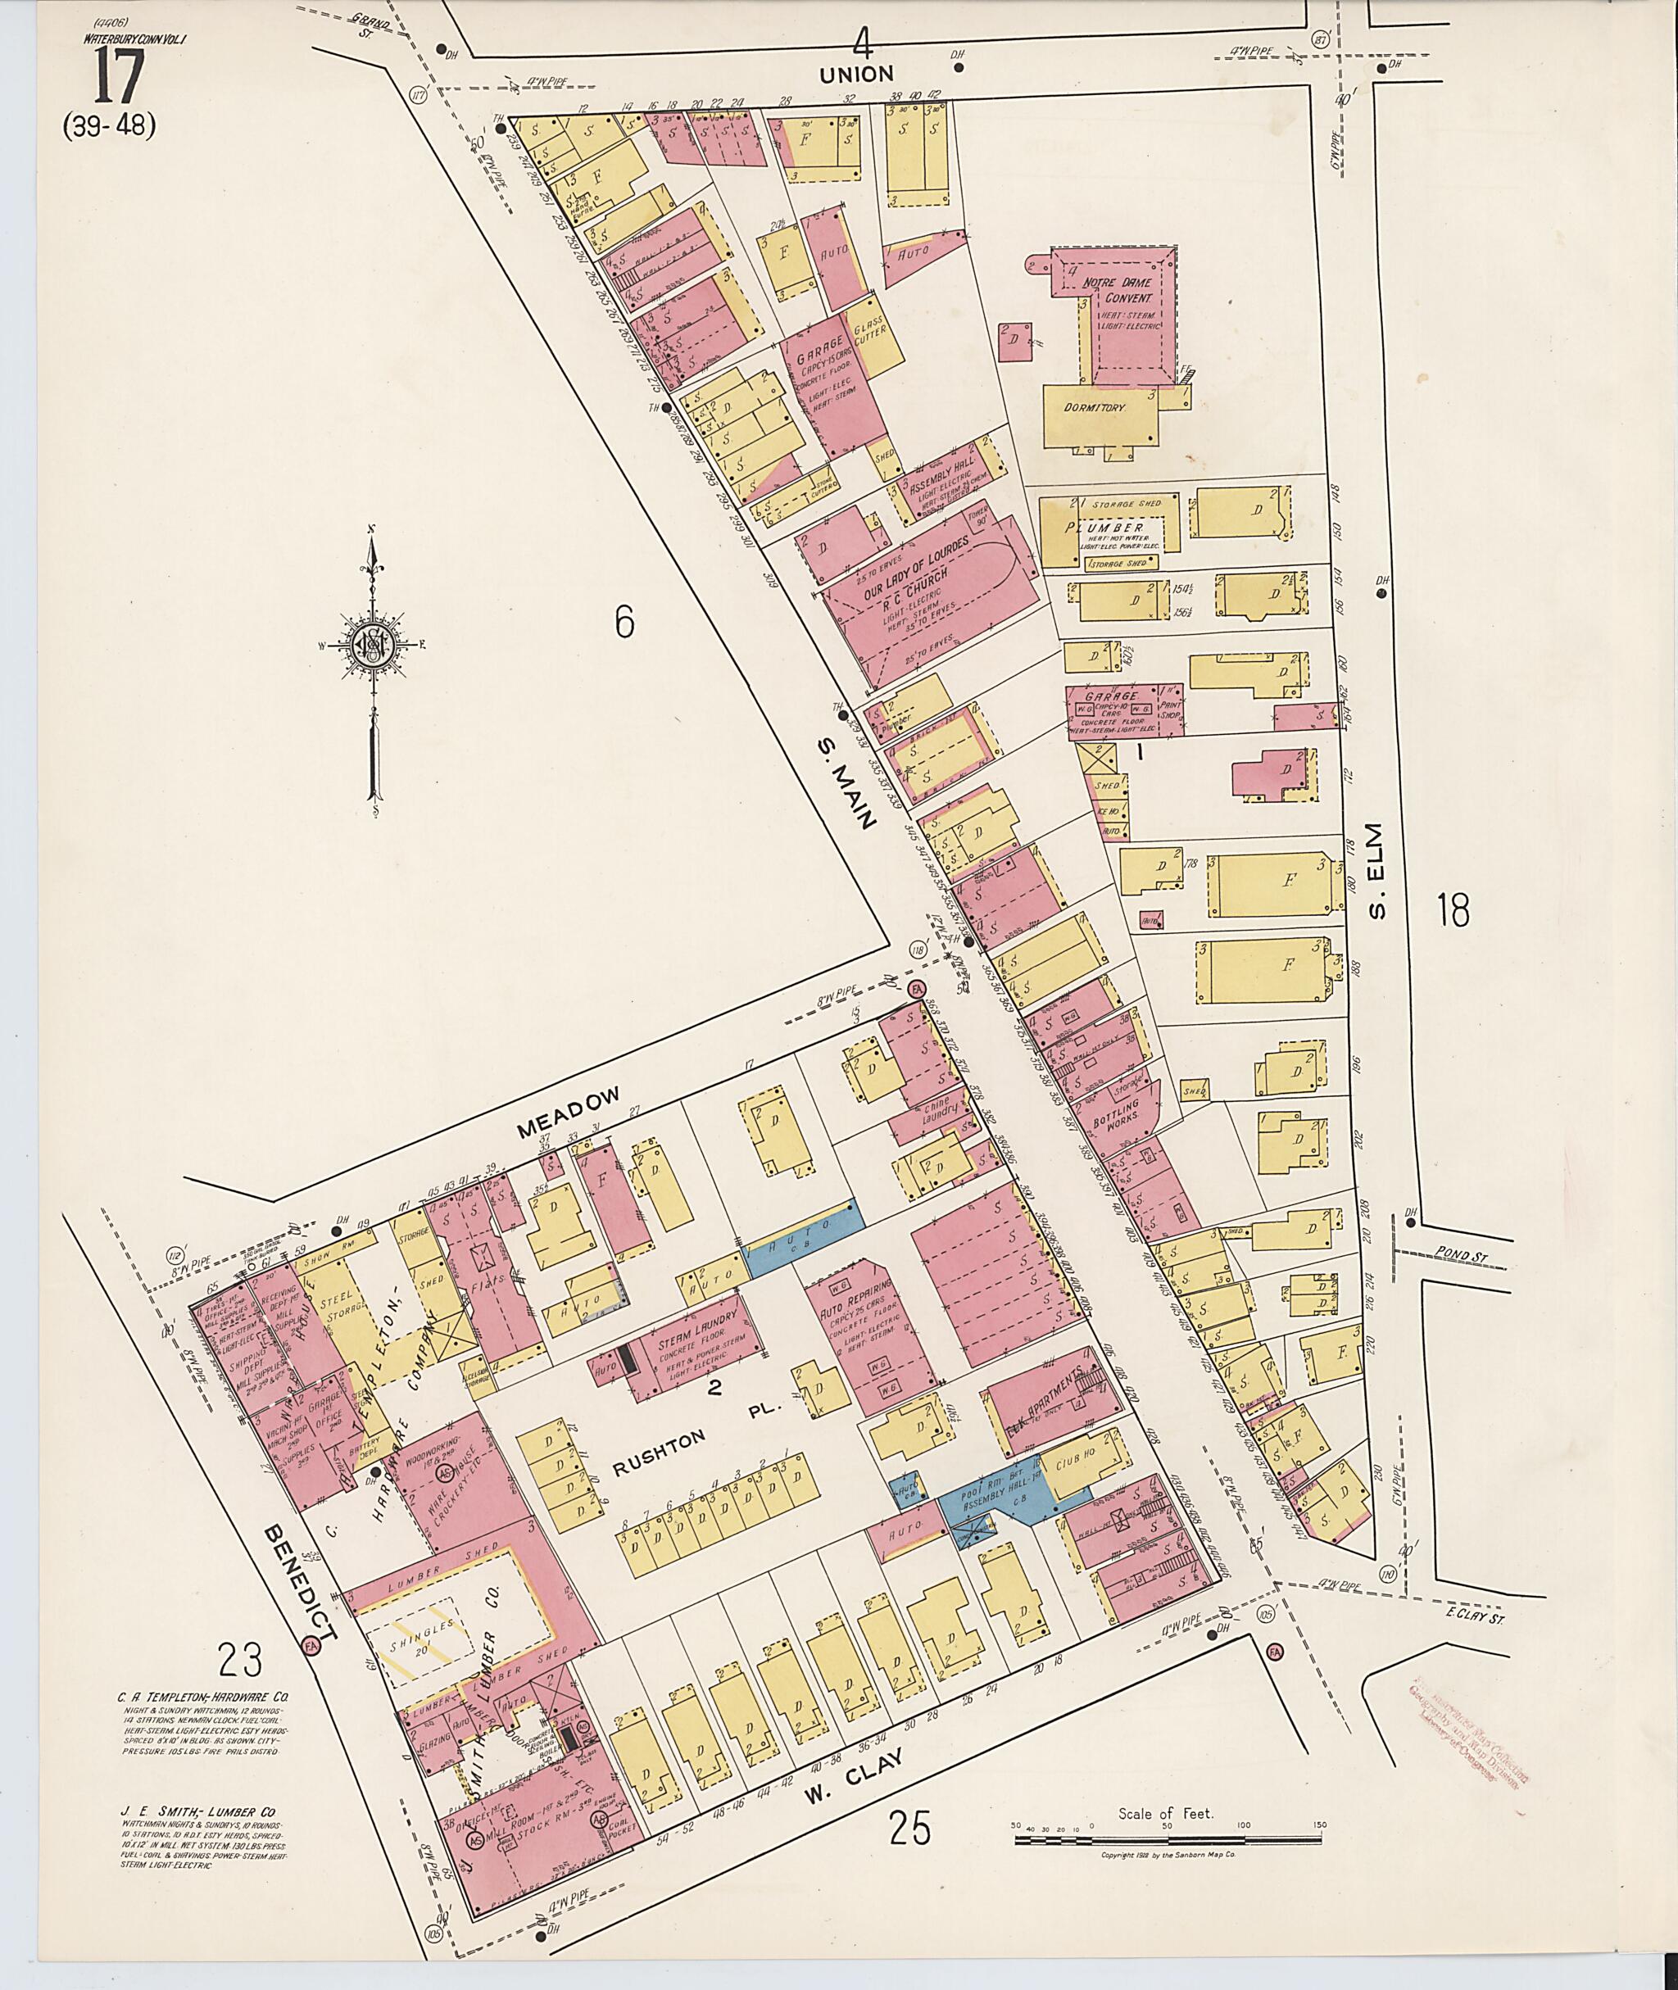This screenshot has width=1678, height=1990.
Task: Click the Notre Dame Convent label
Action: pyautogui.click(x=1115, y=289)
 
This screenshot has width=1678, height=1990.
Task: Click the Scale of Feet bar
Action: pyautogui.click(x=1166, y=1840)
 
